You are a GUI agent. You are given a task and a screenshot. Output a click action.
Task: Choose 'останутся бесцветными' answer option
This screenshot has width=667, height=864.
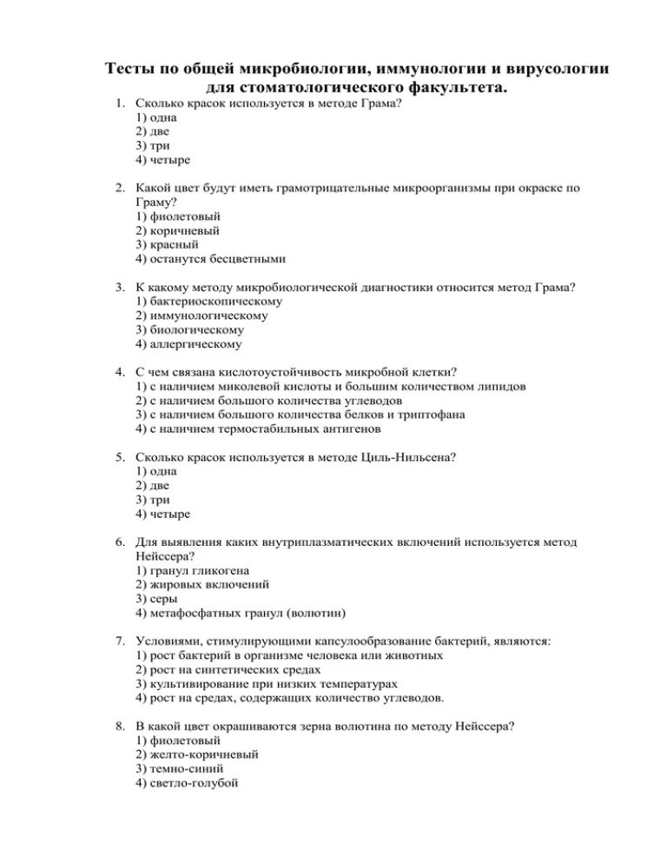[x=215, y=258]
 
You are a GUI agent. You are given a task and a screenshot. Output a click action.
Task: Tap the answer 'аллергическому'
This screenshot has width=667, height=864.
[x=195, y=343]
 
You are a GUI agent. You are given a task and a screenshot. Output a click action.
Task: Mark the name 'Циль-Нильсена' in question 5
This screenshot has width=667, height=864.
[x=406, y=457]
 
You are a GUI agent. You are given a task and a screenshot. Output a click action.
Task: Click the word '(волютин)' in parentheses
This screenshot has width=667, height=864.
[x=315, y=613]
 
